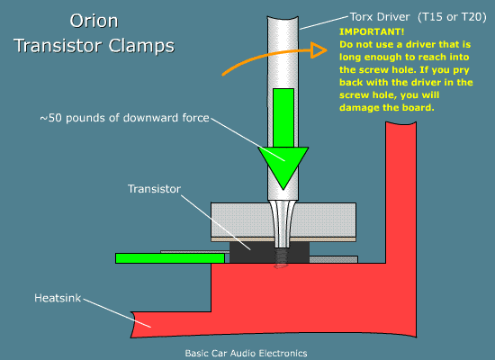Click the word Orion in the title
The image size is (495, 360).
[94, 22]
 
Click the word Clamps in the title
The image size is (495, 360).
[141, 46]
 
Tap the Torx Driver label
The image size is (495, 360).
[380, 17]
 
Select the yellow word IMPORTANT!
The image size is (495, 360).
[372, 31]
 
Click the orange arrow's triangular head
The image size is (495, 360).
[319, 50]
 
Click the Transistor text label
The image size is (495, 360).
[154, 189]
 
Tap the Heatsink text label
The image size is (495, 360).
[58, 298]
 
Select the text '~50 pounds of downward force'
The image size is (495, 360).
[124, 118]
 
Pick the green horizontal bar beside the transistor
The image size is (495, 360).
[170, 258]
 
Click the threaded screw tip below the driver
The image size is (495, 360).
[281, 258]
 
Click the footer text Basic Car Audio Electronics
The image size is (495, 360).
[246, 353]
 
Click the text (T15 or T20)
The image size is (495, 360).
[452, 17]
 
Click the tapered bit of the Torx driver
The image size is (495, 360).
[282, 225]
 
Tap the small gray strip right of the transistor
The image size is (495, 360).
[333, 259]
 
